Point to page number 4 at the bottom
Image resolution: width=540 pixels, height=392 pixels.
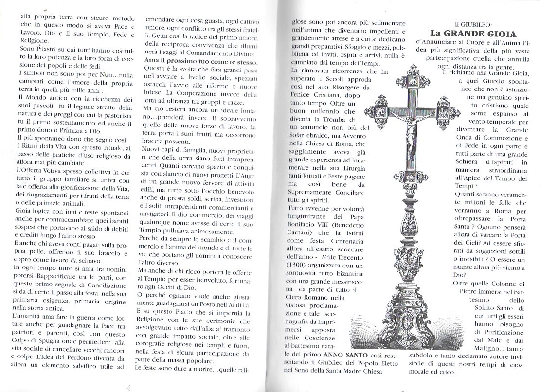click(128, 388)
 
